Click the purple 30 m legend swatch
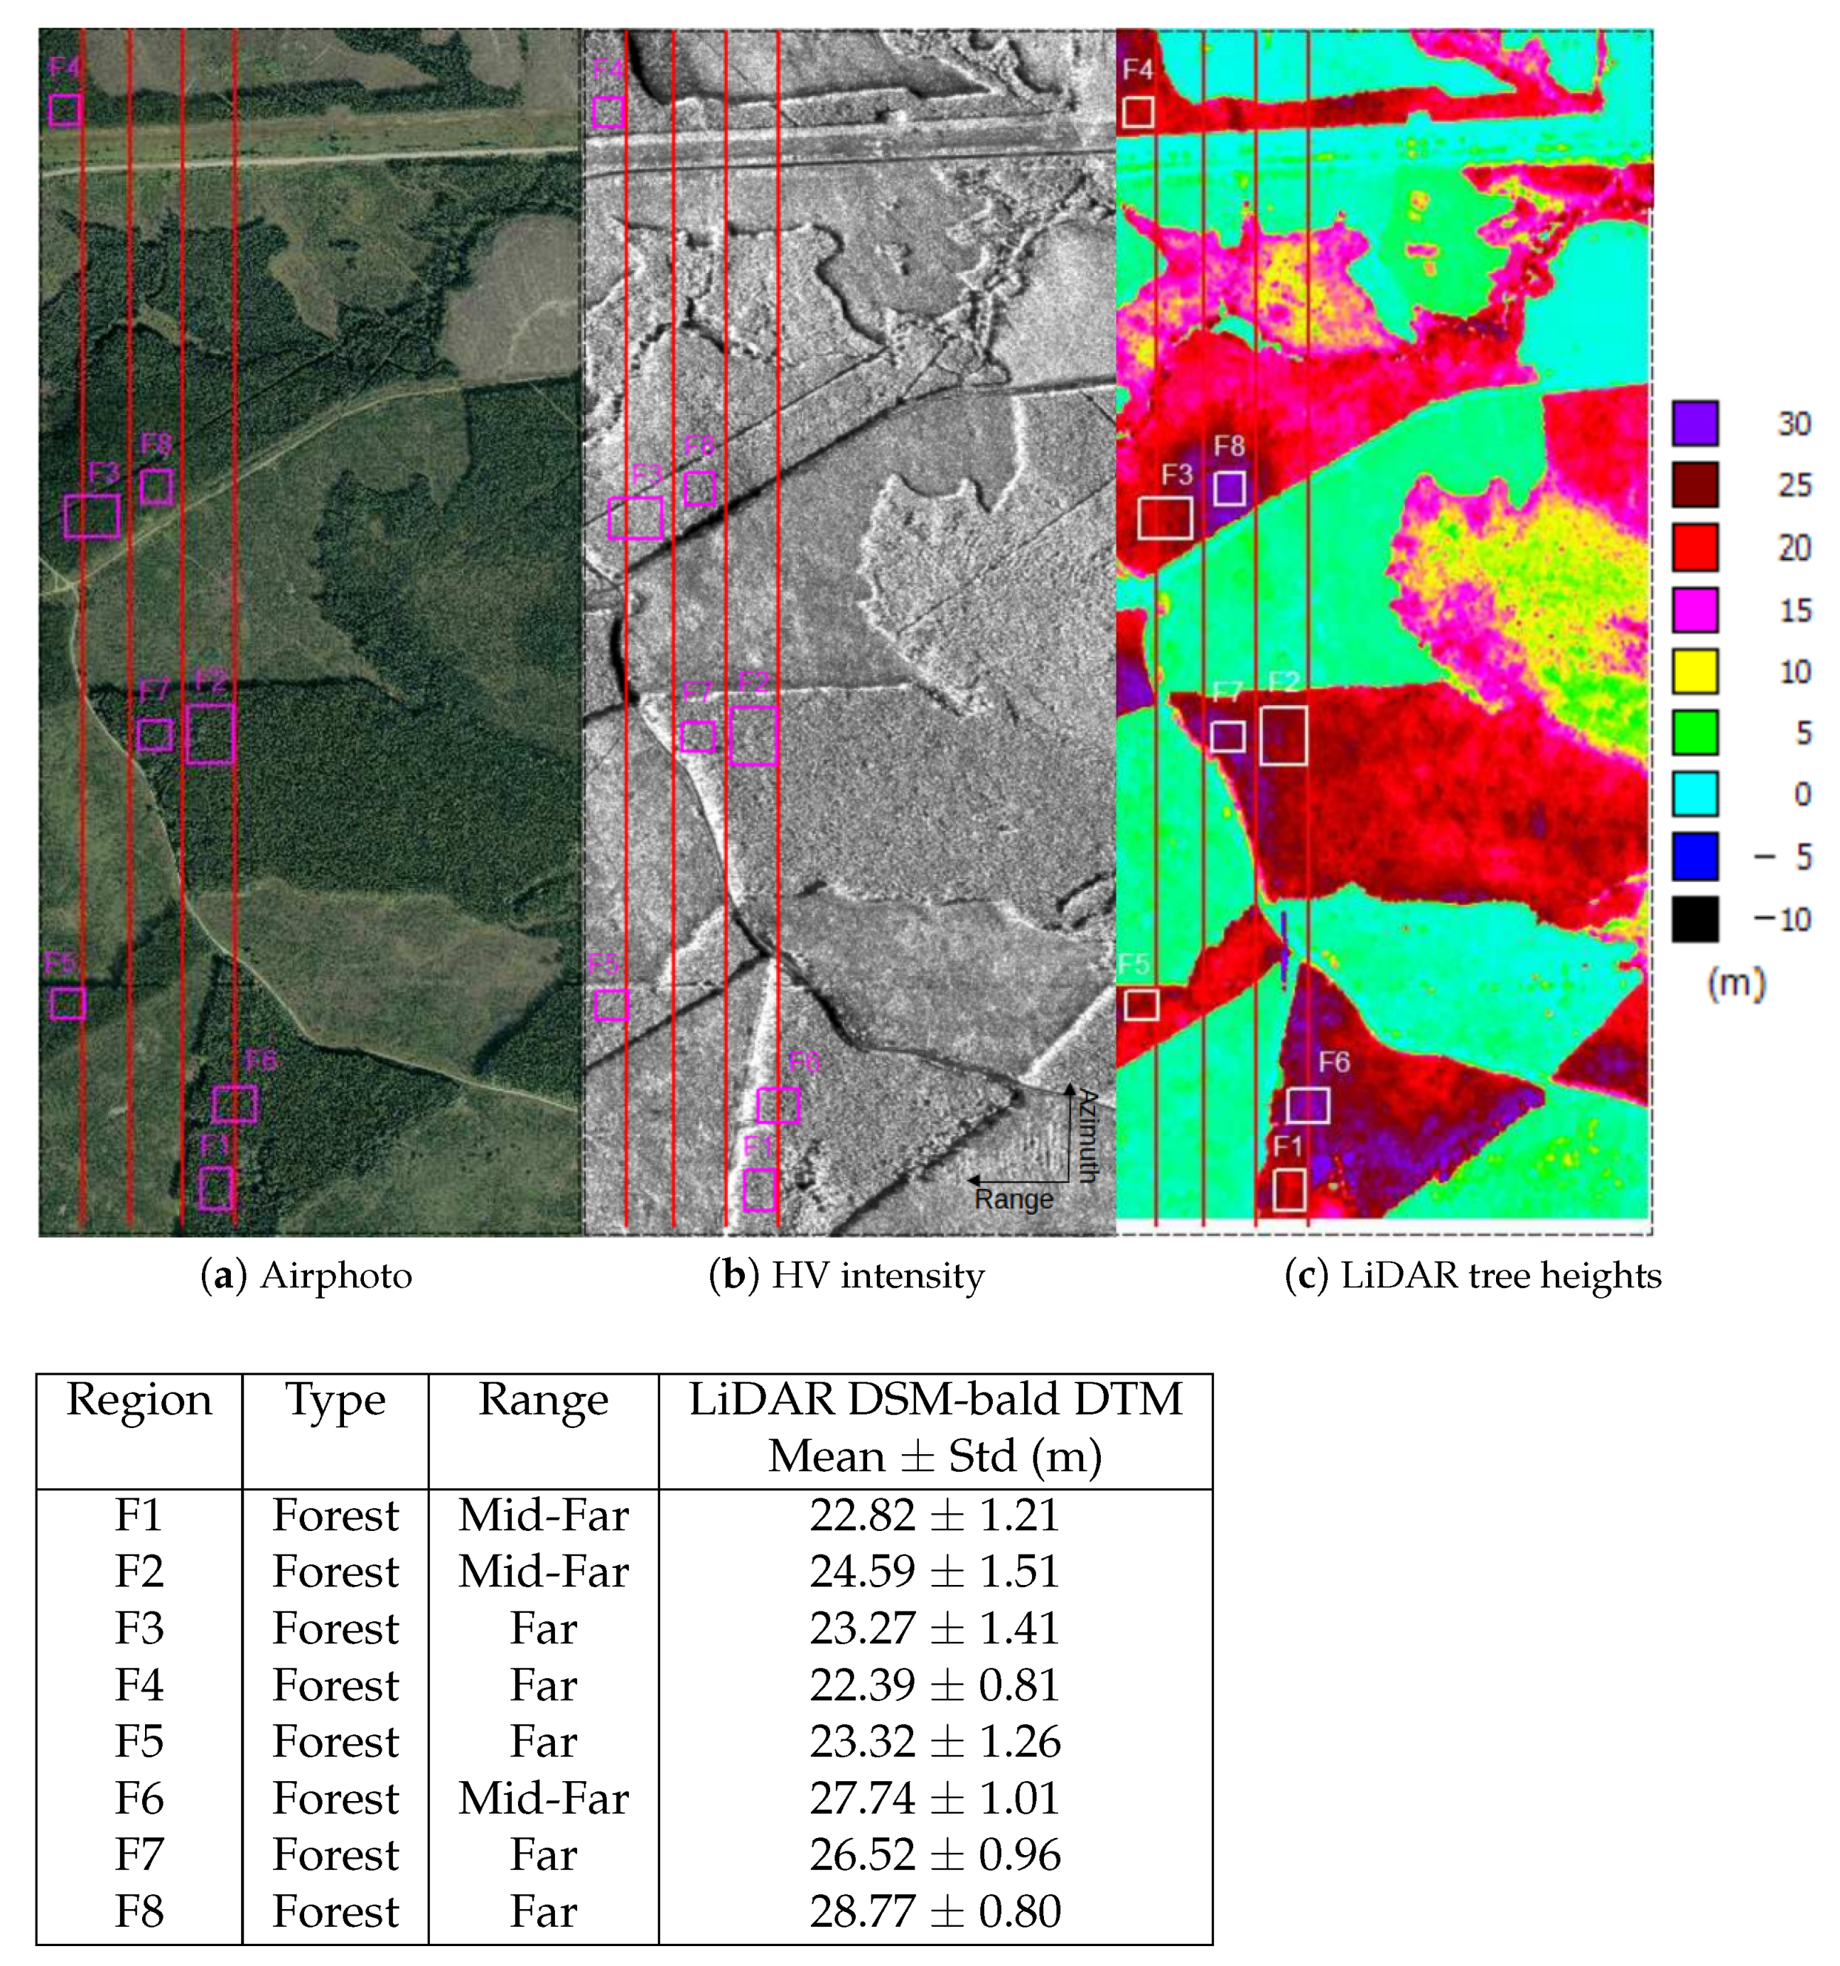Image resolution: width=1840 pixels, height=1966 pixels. pyautogui.click(x=1694, y=423)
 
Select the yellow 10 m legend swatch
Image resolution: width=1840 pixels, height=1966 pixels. pyautogui.click(x=1694, y=670)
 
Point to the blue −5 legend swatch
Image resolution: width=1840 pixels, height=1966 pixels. pyautogui.click(x=1694, y=856)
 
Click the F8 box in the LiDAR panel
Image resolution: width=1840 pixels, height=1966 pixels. pyautogui.click(x=1228, y=488)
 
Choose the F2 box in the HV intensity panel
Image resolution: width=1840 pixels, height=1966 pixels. pyautogui.click(x=753, y=736)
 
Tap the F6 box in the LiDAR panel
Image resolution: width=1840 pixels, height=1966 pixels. pyautogui.click(x=1307, y=1105)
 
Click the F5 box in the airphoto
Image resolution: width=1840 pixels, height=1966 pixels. pyautogui.click(x=68, y=1004)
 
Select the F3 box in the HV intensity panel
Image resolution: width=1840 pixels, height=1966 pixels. pyautogui.click(x=636, y=517)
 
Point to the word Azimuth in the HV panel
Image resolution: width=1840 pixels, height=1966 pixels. pyautogui.click(x=1087, y=1135)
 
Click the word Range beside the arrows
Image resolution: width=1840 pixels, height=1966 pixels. pyautogui.click(x=1013, y=1200)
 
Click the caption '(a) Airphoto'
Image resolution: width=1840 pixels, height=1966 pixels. pyautogui.click(x=306, y=1276)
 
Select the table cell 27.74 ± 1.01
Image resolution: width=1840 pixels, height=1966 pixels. pyautogui.click(x=935, y=1798)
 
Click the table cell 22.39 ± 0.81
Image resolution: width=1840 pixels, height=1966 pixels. pyautogui.click(x=935, y=1685)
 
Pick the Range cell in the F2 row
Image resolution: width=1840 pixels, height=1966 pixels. pyautogui.click(x=543, y=1572)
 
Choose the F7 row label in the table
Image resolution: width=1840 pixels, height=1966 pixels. pyautogui.click(x=139, y=1855)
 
